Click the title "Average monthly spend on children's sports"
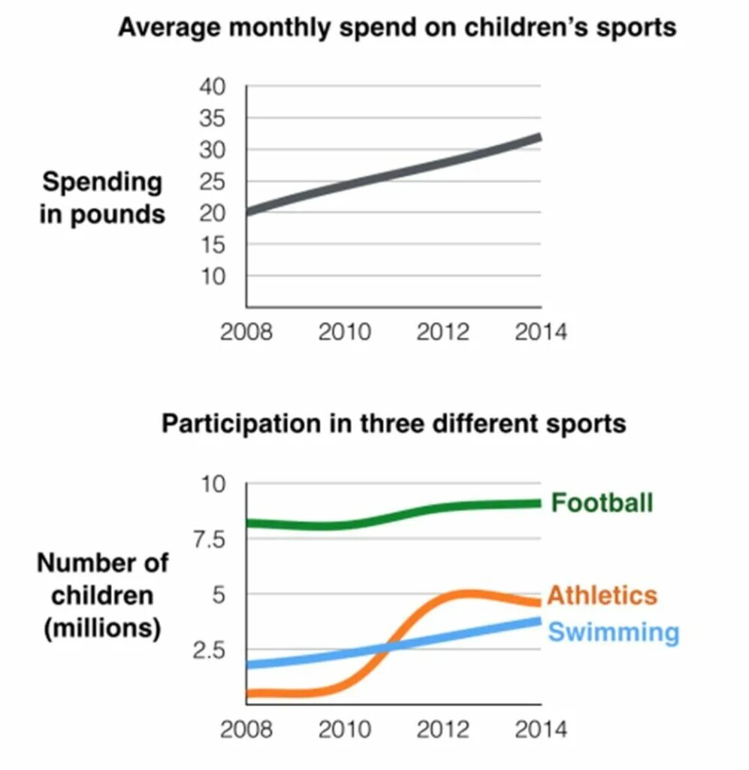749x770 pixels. (x=397, y=28)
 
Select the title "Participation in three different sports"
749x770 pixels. (x=394, y=423)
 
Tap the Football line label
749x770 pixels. (x=602, y=502)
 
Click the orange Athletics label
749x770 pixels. (x=602, y=596)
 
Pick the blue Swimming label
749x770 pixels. (x=613, y=632)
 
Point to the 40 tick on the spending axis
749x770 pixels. (x=212, y=86)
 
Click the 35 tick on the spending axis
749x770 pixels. (x=212, y=118)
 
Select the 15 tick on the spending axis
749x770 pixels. (x=212, y=244)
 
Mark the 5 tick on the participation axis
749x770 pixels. (x=217, y=595)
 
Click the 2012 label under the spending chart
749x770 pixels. (x=442, y=332)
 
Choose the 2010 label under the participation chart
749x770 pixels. (x=345, y=729)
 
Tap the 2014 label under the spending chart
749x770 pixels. (x=541, y=332)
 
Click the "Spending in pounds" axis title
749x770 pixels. (x=102, y=198)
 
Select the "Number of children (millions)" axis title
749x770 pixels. (x=103, y=595)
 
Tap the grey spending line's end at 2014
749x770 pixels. (x=539, y=137)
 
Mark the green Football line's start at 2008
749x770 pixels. (x=249, y=523)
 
